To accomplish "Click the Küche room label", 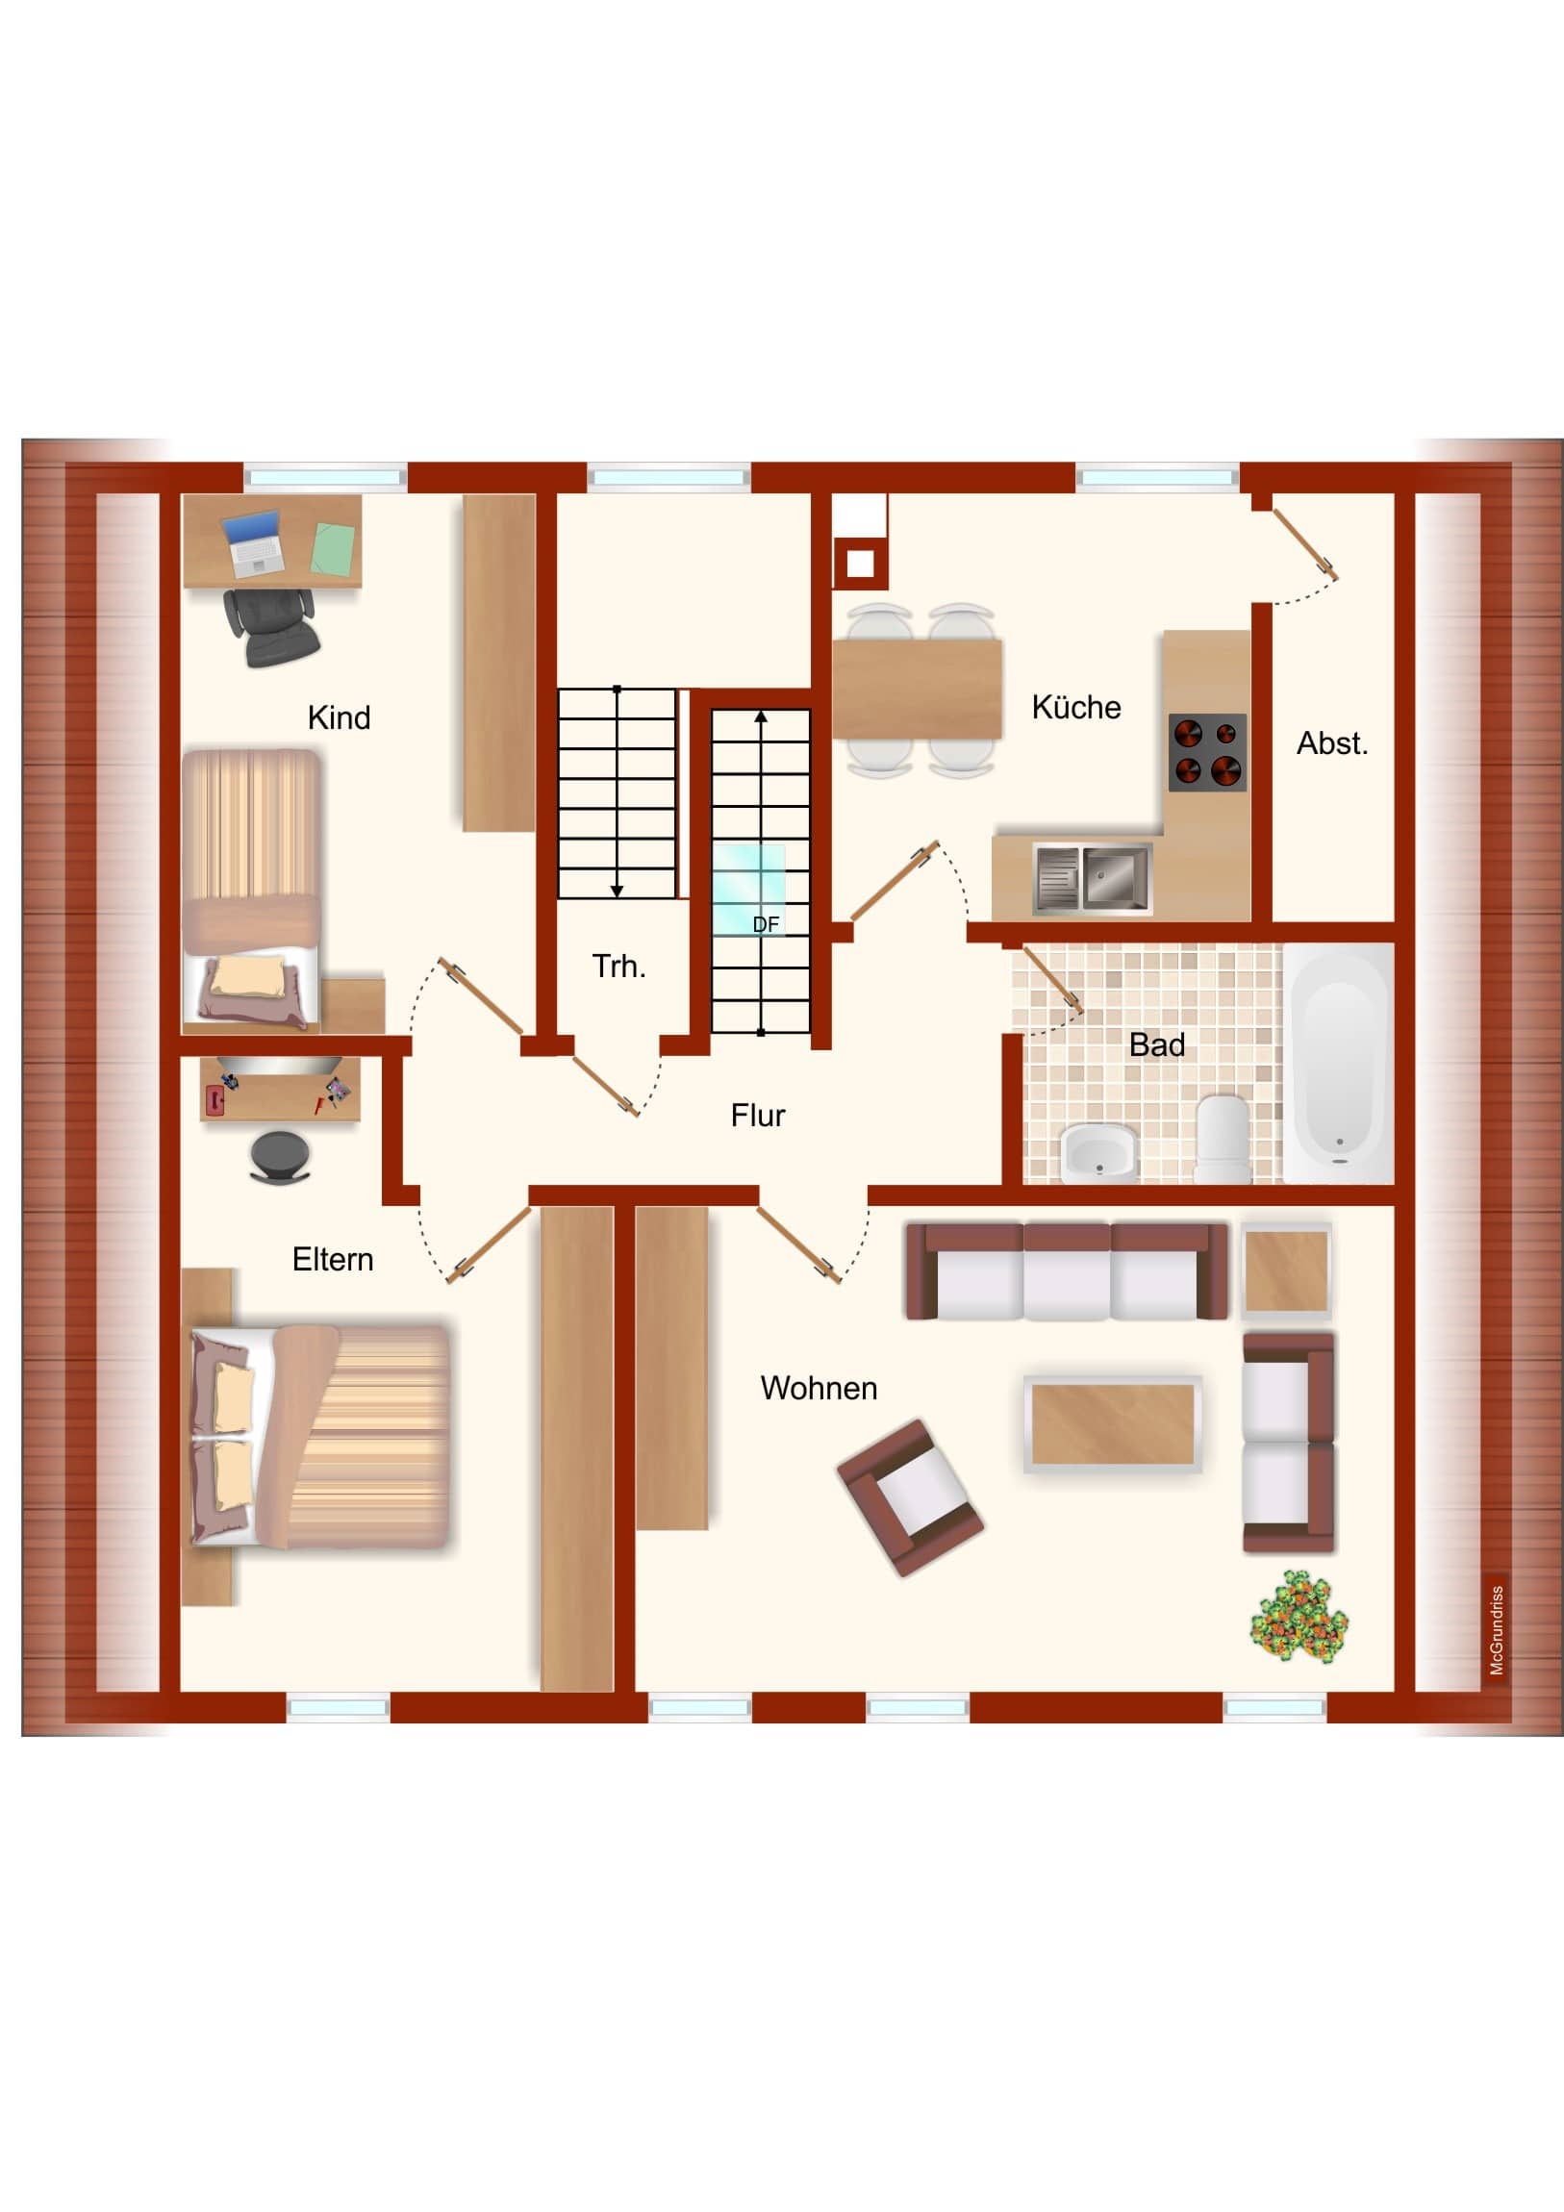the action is (1075, 707).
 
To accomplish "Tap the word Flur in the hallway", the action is (757, 1116).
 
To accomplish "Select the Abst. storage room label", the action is (1332, 742).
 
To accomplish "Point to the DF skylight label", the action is (765, 924).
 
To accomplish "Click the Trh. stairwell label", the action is (618, 967).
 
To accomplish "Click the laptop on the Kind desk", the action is (253, 542).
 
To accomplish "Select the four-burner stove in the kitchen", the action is (1206, 752).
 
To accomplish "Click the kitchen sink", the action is (1093, 878).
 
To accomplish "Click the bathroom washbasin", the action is (1099, 1153).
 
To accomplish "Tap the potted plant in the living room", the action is (1298, 1616).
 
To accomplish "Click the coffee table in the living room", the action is (1112, 1424).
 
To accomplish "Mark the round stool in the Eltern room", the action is (280, 1155).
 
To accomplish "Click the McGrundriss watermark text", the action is (1497, 1630).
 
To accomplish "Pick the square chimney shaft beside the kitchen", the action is (860, 564).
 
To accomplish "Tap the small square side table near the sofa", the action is (1285, 1271).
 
